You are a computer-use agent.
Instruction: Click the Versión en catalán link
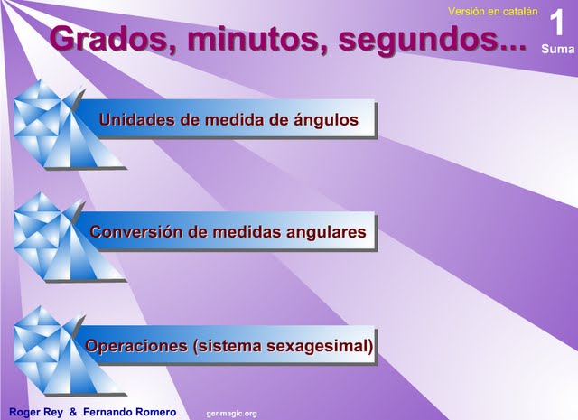click(493, 12)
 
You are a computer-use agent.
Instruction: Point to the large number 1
click(556, 23)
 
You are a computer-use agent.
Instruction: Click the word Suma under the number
click(558, 49)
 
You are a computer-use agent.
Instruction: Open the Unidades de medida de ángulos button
click(228, 118)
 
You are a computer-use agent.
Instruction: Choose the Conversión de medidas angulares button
click(228, 231)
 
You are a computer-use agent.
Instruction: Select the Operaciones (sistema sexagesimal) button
click(228, 345)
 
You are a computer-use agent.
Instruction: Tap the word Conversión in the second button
click(136, 231)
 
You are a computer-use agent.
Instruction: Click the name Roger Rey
click(36, 412)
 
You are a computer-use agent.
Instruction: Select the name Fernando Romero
click(130, 412)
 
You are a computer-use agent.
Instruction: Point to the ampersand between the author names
click(73, 412)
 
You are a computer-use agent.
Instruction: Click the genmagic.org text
click(231, 414)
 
